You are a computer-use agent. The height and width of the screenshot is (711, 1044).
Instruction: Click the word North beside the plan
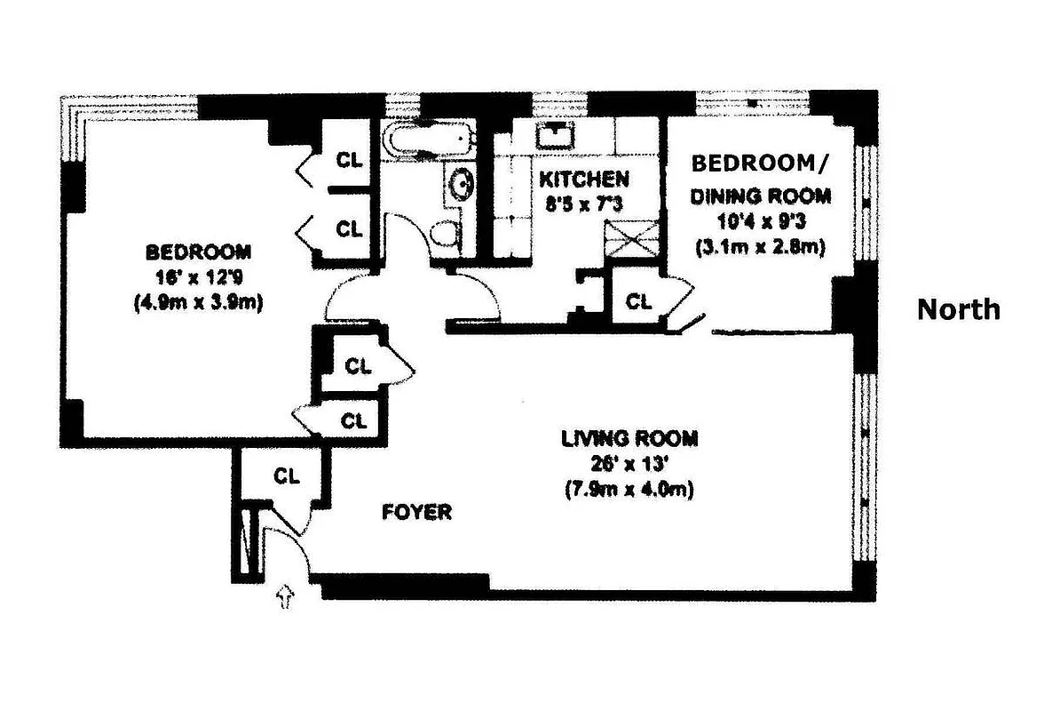pyautogui.click(x=958, y=309)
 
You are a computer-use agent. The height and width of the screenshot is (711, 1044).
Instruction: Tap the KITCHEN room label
pyautogui.click(x=584, y=180)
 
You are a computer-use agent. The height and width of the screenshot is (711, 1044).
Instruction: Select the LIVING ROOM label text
pyautogui.click(x=629, y=438)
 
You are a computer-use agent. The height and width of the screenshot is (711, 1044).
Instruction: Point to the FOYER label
pyautogui.click(x=417, y=512)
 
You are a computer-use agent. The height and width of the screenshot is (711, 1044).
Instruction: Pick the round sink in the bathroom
pyautogui.click(x=461, y=183)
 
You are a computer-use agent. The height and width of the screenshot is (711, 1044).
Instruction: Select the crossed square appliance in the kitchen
pyautogui.click(x=631, y=241)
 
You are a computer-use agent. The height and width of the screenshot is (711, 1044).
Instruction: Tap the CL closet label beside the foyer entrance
pyautogui.click(x=286, y=475)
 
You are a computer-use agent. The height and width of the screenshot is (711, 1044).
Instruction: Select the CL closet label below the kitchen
pyautogui.click(x=638, y=301)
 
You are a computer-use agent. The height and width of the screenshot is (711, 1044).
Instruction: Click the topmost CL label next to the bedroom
pyautogui.click(x=349, y=161)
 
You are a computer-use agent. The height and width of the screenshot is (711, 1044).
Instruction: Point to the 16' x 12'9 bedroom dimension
pyautogui.click(x=199, y=276)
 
